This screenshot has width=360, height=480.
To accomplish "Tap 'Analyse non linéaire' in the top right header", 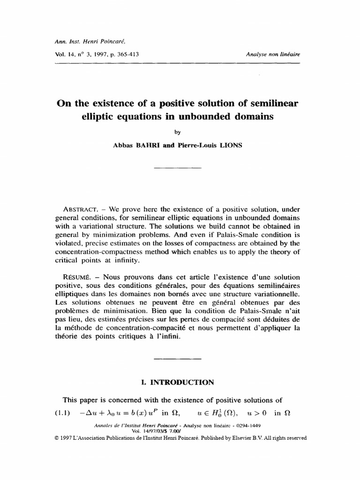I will point(273,54).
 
